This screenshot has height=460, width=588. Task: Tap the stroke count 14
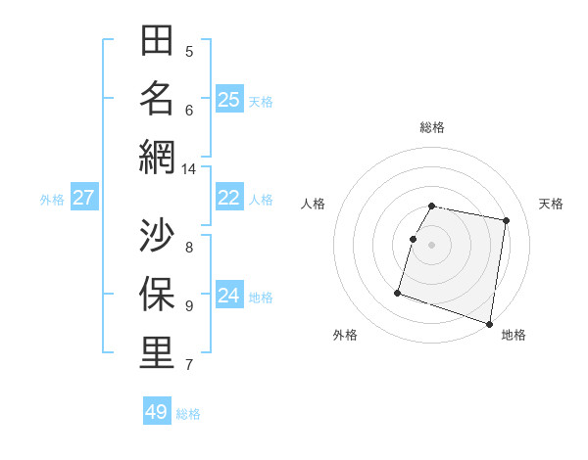pos(189,169)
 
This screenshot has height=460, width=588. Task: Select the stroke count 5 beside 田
pos(189,52)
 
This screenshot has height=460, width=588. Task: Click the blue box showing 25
pos(229,99)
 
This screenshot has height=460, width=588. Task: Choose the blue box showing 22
pos(229,198)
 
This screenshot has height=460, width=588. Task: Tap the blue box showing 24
pos(229,296)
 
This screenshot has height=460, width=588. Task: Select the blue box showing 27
pos(84,198)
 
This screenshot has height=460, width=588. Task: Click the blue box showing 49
pos(157,412)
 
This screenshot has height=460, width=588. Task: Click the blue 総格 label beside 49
pos(188,414)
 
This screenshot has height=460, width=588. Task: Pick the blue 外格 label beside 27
pos(52,200)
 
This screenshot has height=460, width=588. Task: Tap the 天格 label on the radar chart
pos(551,204)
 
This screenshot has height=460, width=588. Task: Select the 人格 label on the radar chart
pos(314,204)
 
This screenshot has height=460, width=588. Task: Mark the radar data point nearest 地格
pos(489,323)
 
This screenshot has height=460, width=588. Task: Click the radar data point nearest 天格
pos(506,221)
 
